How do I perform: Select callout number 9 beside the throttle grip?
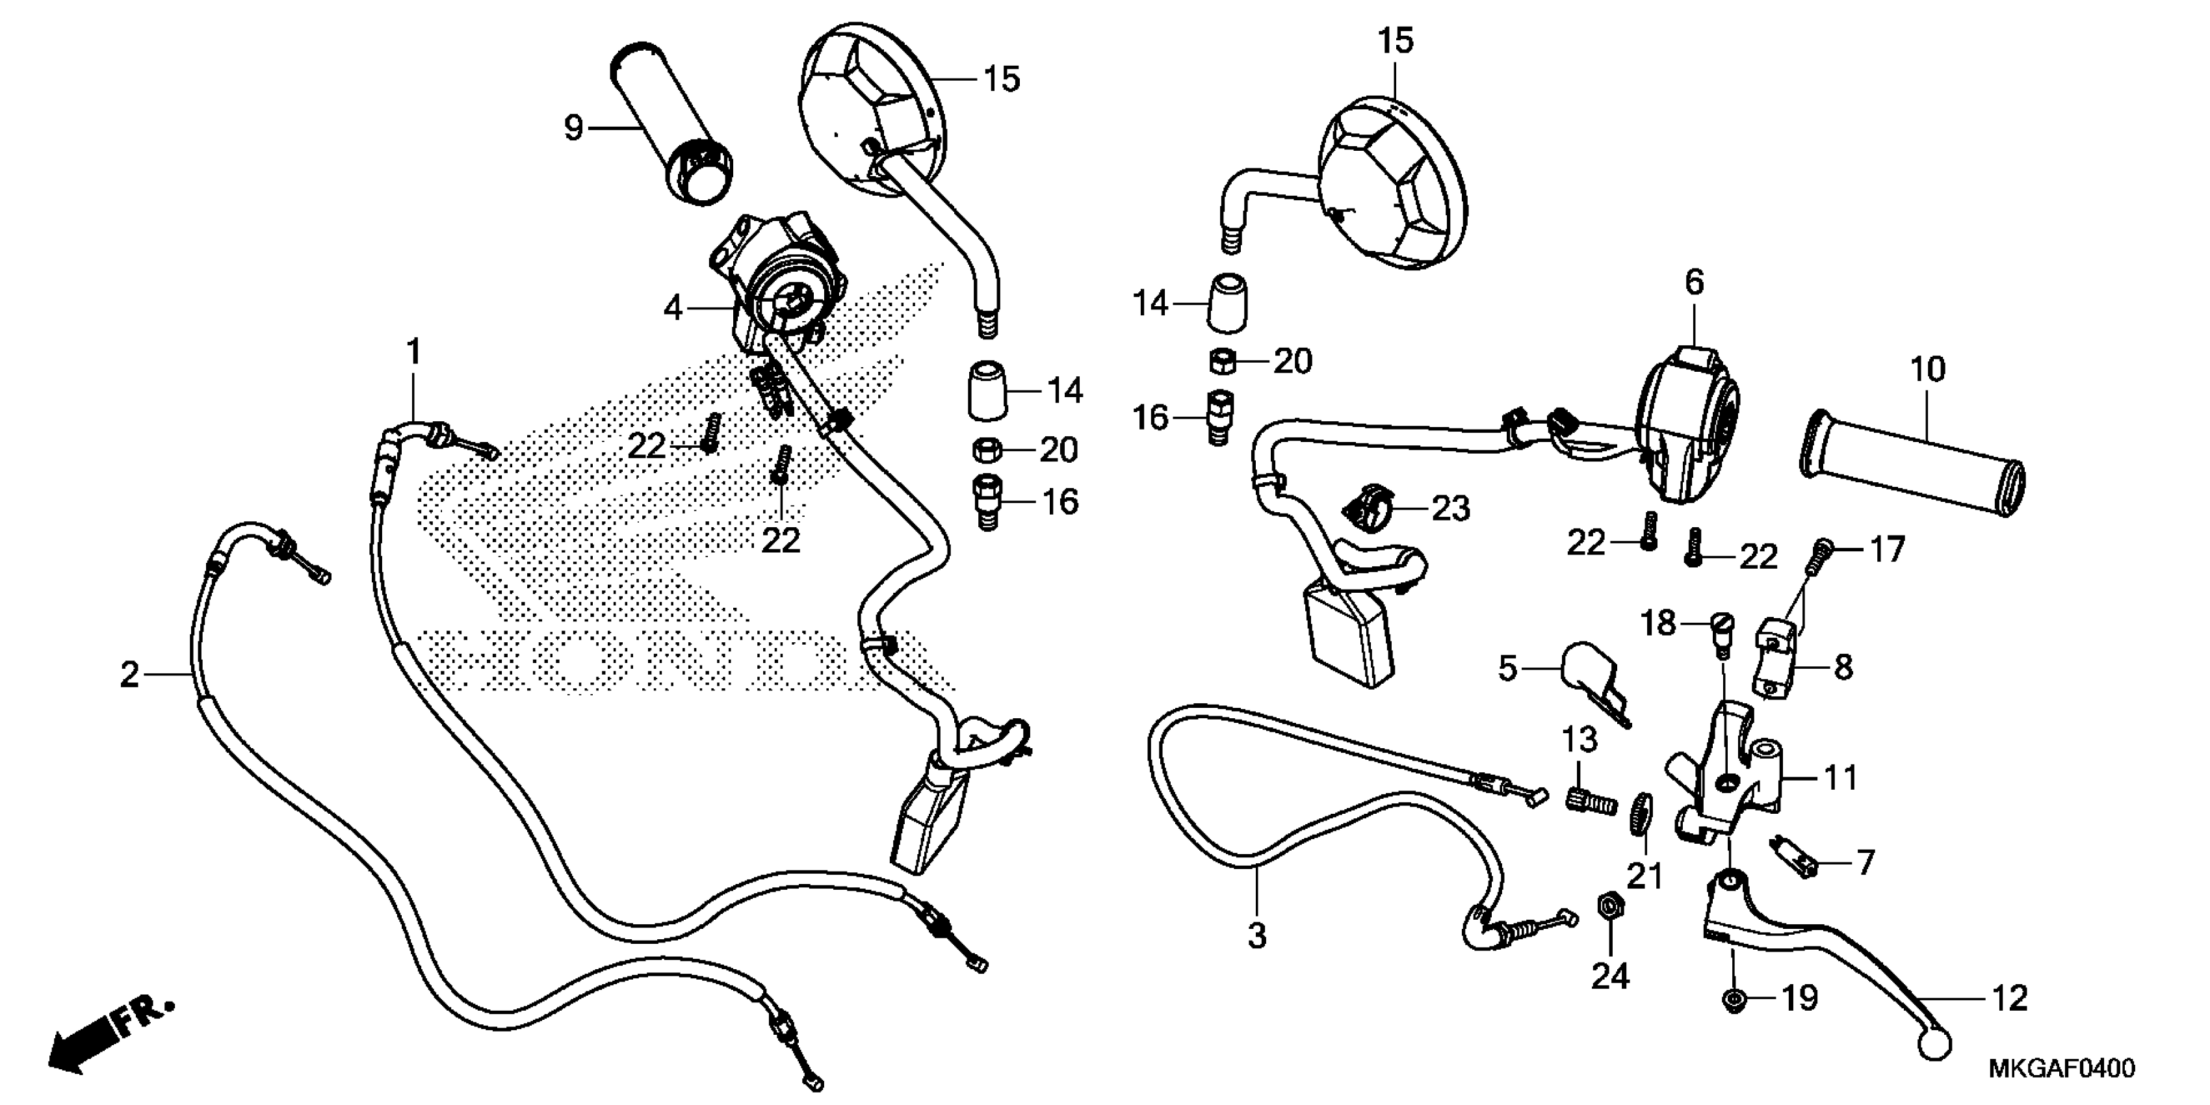tap(573, 128)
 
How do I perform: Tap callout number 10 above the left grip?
tap(1928, 370)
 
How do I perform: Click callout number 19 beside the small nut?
tap(1800, 998)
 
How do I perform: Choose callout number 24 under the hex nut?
tap(1609, 976)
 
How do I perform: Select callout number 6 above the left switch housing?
tap(1695, 282)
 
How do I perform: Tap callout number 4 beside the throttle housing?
tap(673, 308)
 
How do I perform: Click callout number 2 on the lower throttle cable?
tap(129, 675)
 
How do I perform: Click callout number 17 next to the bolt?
tap(1886, 550)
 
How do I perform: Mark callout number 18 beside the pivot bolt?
tap(1658, 624)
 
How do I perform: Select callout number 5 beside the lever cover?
tap(1507, 668)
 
